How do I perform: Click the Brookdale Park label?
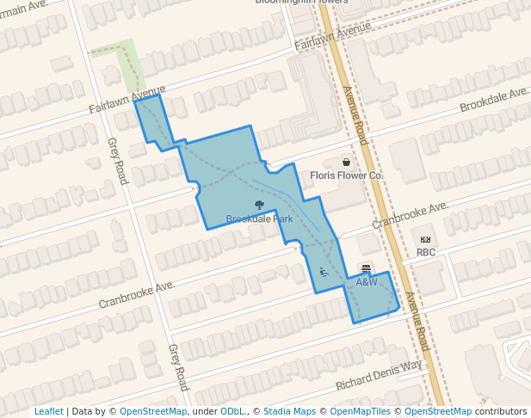259,219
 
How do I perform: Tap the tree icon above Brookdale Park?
259,206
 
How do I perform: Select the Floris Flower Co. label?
346,175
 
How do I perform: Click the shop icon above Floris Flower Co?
346,162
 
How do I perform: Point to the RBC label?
426,252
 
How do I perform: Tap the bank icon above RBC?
425,239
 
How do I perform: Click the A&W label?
367,282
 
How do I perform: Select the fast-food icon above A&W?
366,269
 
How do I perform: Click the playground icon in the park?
324,272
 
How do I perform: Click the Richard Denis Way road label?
379,374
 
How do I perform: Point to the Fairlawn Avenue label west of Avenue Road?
127,100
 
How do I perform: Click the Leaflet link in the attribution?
48,411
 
